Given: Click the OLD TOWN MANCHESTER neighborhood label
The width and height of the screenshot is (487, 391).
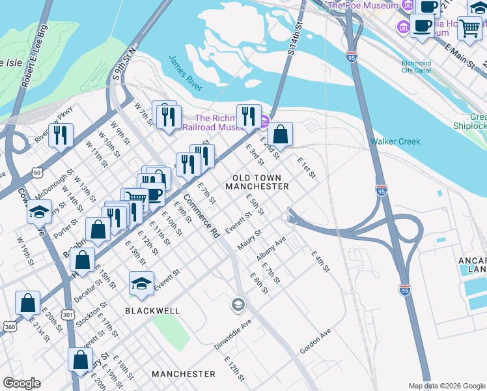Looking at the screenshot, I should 257,182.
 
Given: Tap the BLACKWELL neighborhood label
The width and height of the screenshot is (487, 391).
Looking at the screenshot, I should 154,311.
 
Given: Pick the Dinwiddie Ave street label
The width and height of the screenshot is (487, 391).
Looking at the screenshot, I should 233,335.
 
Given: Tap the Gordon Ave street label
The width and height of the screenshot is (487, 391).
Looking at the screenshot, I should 316,341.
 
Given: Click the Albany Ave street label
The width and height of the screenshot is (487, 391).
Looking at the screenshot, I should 271,250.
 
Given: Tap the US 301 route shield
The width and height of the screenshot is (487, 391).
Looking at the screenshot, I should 67,315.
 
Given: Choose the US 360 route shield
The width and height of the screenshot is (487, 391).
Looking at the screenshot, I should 10,327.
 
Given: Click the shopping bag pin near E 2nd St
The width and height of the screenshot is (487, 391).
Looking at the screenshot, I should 280,135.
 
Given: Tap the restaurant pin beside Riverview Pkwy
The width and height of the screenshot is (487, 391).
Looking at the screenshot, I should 61,135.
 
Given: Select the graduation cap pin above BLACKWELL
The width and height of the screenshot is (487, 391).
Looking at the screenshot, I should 141,283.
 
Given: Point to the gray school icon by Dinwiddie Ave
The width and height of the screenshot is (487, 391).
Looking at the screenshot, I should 238,304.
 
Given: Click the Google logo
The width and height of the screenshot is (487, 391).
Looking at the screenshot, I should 21,383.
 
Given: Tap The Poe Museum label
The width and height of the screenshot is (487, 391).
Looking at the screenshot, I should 363,6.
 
